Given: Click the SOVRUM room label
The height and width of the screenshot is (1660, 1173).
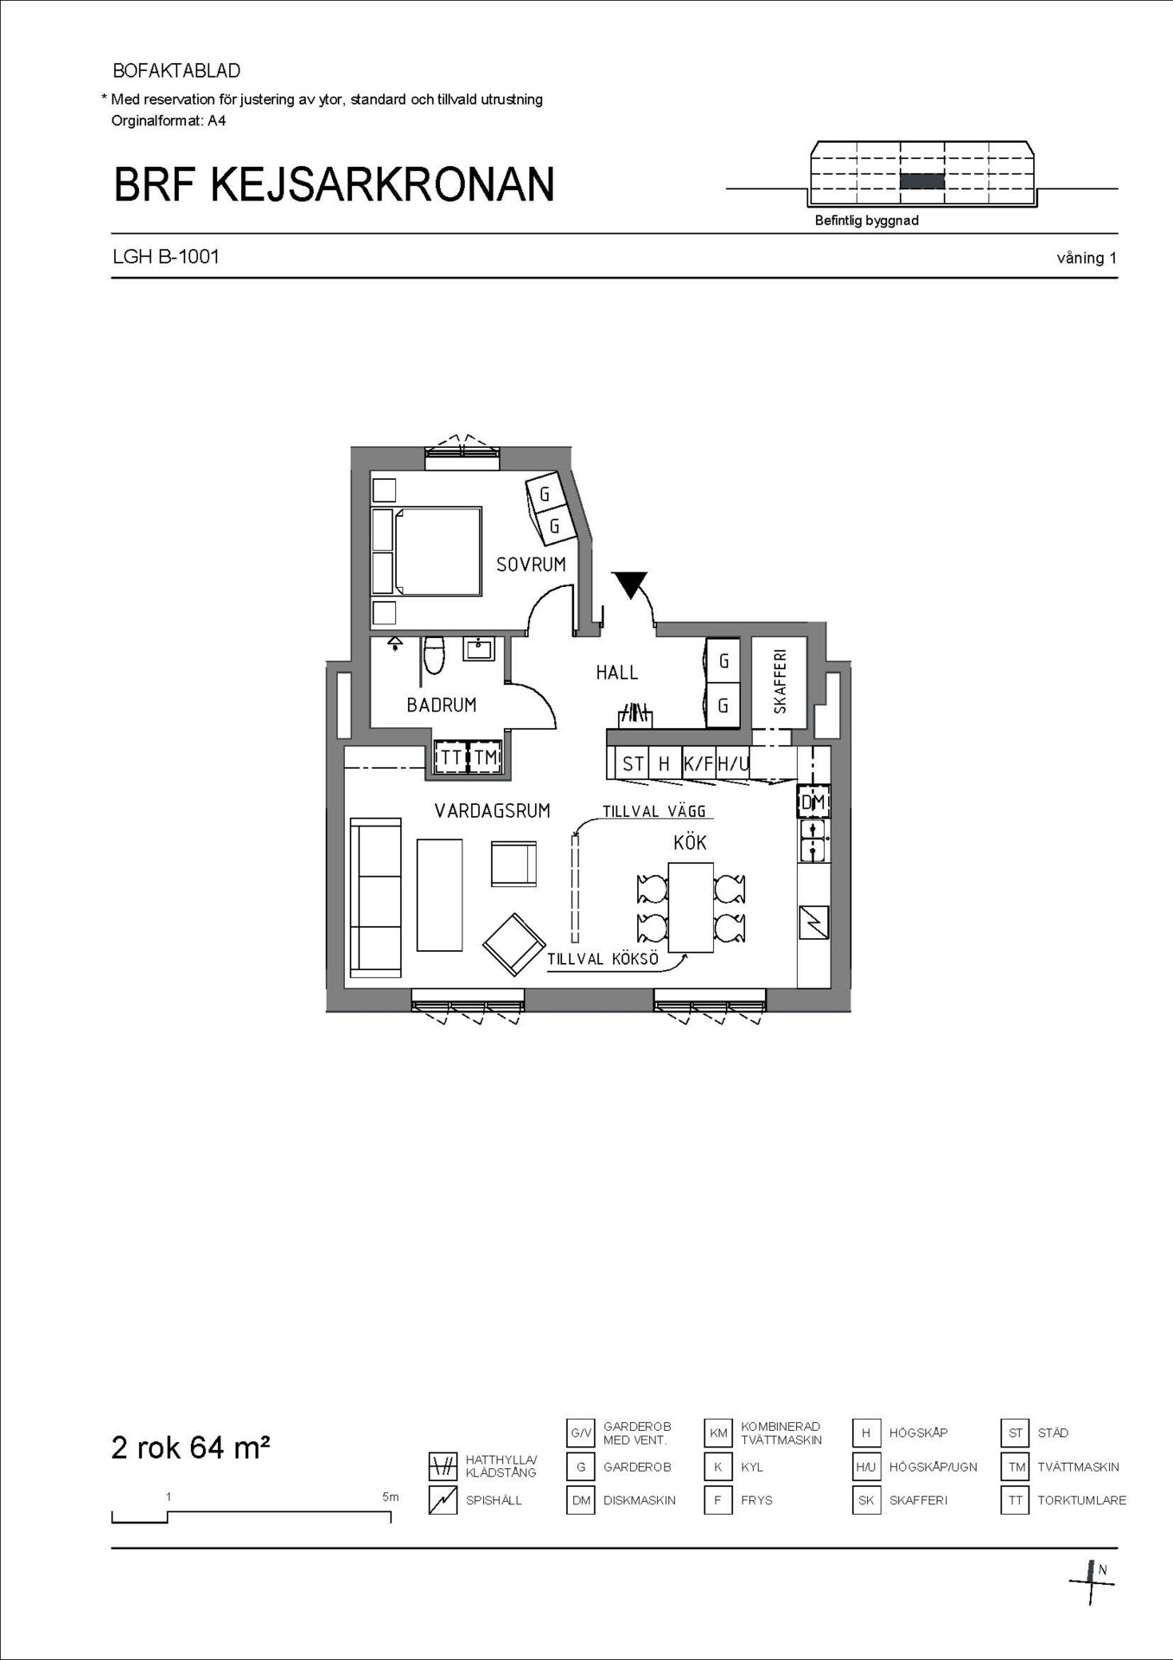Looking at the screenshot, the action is coord(531,565).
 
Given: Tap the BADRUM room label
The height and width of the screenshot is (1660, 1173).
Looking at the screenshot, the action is coord(442,705).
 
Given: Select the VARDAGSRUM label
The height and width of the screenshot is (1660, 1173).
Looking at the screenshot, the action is coord(492,811).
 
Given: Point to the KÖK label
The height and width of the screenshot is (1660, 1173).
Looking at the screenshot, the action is coord(690,842).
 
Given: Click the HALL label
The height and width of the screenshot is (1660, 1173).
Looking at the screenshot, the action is coord(617,673).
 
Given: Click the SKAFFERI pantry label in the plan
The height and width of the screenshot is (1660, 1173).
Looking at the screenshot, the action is coord(781,681).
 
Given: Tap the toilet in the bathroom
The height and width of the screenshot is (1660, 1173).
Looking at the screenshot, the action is coord(434,655).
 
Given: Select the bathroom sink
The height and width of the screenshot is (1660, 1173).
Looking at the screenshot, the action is coord(479,648).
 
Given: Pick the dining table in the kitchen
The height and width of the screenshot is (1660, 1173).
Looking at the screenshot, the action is coord(691,907).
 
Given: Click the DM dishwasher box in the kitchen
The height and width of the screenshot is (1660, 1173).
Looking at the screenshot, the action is coord(813,802).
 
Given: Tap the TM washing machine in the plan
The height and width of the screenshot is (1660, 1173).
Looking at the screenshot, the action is coord(486,757).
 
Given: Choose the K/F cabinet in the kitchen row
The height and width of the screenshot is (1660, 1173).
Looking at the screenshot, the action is coord(698,763).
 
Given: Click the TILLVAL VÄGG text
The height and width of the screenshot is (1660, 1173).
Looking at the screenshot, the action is coord(654,811).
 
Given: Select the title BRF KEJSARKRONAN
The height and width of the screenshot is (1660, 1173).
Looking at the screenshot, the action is coord(334,184).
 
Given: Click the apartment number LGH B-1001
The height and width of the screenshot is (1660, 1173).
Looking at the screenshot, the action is coord(166,257).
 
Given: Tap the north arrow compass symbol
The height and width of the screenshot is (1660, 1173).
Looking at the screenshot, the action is coord(1093,1583).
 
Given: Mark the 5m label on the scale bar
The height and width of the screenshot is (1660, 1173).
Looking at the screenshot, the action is coord(390,1497).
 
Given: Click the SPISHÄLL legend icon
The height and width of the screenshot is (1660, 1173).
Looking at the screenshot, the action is coord(443,1500).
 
